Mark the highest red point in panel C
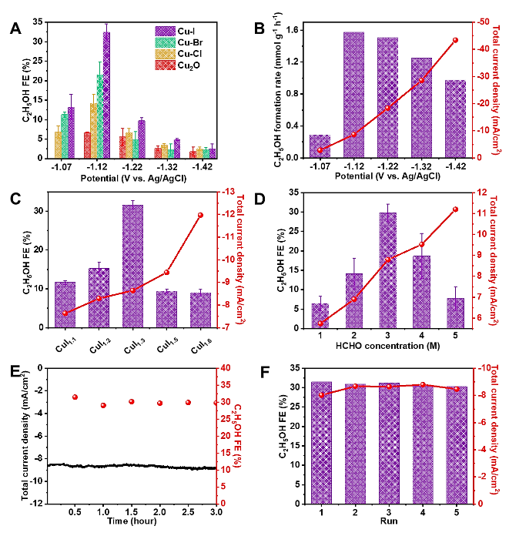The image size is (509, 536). tap(200, 215)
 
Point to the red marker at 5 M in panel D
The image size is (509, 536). tap(455, 209)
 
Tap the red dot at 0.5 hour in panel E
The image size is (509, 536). tap(75, 397)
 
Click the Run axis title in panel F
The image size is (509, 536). tap(388, 520)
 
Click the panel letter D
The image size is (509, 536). tap(260, 199)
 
